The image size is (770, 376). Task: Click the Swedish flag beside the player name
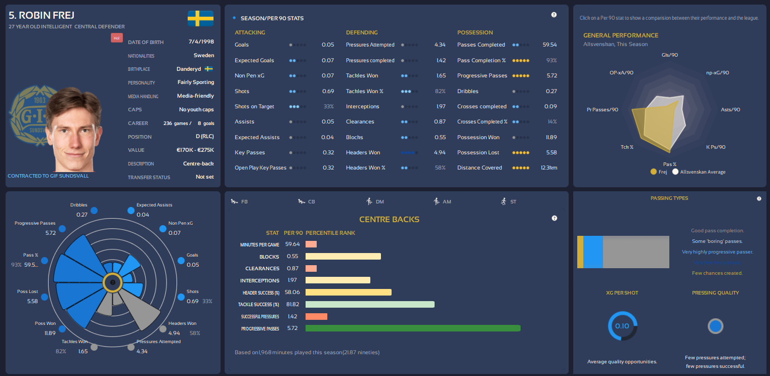pos(200,18)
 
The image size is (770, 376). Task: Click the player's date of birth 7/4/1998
pos(201,42)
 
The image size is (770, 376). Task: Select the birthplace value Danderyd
pos(189,69)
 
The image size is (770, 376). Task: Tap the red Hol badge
pos(116,38)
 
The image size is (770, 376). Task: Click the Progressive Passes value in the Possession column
pos(549,75)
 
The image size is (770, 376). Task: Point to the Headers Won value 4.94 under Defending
pos(440,152)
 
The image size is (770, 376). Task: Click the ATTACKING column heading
pos(250,32)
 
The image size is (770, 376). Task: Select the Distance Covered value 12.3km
pos(548,168)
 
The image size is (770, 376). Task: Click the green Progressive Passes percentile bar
pos(413,328)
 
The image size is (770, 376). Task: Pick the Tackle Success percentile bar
pos(370,304)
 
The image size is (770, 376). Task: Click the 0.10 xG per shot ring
pos(622,326)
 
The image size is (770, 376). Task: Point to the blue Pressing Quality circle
pos(715,326)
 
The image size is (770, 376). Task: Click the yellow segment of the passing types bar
pos(580,252)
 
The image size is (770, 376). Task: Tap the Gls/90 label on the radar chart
pos(669,55)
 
